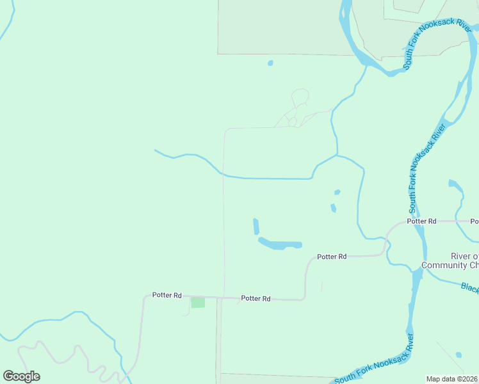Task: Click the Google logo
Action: [21, 376]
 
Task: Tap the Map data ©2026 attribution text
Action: [452, 379]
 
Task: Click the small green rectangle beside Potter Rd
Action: [198, 302]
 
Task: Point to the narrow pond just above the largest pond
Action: [256, 227]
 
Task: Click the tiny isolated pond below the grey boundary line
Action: [270, 63]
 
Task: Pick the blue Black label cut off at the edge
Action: [469, 287]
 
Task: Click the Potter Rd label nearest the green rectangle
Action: [167, 295]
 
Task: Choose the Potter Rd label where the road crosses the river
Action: [421, 221]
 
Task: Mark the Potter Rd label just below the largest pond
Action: [332, 256]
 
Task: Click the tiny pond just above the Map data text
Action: [459, 355]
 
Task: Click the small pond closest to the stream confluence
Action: [337, 192]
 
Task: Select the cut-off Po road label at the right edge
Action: [475, 221]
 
